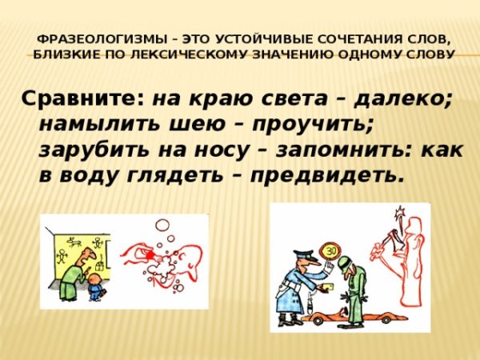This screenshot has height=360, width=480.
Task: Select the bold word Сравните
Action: (82, 98)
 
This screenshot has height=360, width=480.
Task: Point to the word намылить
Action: (97, 124)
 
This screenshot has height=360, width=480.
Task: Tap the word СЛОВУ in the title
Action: (432, 54)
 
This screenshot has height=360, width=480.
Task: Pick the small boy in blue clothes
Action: (95, 286)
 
